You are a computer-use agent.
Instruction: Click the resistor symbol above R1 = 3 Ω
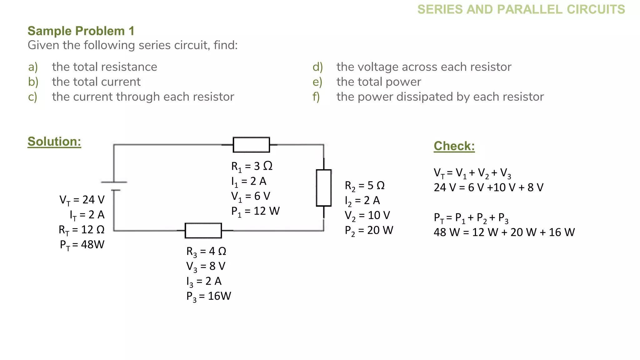(251, 145)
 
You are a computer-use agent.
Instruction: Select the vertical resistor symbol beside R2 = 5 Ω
(323, 188)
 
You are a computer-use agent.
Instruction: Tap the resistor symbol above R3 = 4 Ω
(203, 231)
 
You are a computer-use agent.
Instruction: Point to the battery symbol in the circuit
(114, 186)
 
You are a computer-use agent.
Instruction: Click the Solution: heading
(54, 142)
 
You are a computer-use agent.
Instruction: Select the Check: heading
(454, 146)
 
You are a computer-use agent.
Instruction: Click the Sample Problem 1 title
(81, 31)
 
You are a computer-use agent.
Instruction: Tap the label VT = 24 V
(82, 200)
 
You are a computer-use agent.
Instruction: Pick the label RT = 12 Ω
(82, 230)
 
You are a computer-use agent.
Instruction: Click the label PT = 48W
(82, 245)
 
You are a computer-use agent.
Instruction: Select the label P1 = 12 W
(255, 211)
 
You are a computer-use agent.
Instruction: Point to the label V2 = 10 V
(367, 216)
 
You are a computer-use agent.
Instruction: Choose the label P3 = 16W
(208, 296)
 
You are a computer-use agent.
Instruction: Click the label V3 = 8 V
(206, 267)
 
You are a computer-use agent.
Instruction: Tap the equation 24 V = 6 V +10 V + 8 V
(488, 187)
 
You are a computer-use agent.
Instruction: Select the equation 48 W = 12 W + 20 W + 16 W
(504, 232)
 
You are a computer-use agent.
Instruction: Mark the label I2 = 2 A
(362, 201)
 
